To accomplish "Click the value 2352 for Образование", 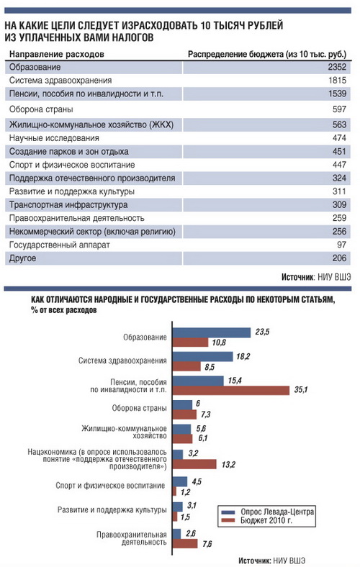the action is [x=337, y=67].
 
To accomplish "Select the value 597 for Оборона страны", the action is [x=339, y=109].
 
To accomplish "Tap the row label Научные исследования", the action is [x=54, y=138].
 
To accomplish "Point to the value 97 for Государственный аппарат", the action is [x=341, y=245].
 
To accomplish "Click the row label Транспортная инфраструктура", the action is [x=68, y=205].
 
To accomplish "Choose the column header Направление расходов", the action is [x=56, y=54].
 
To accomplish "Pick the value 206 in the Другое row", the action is [x=339, y=258].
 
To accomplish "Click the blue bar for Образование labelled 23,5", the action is [x=212, y=332].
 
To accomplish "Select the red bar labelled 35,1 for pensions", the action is [x=231, y=391].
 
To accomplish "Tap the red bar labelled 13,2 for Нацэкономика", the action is [x=194, y=464].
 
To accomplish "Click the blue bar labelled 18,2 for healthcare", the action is [x=202, y=357].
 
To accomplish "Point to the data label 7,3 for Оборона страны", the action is [x=205, y=414].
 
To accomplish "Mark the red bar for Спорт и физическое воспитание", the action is [x=174, y=491].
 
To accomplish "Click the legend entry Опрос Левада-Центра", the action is [x=267, y=512].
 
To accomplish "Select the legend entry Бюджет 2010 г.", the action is [x=256, y=521].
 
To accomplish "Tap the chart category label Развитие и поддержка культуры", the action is [x=112, y=510].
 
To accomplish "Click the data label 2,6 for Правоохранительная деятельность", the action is [x=191, y=533].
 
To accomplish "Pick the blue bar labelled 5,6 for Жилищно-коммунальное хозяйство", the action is [x=181, y=429].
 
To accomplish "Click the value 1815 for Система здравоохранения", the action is [x=337, y=81].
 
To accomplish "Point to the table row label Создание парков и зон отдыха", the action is [x=68, y=152].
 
